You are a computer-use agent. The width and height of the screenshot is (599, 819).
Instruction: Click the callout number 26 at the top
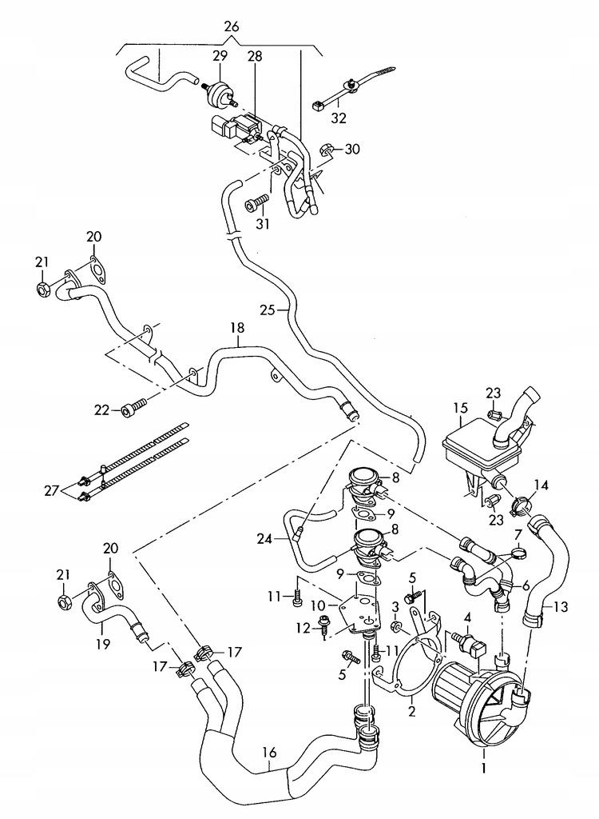coord(231,26)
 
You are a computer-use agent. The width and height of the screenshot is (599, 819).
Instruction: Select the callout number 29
coord(220,55)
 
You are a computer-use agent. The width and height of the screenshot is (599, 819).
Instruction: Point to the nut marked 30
coord(325,150)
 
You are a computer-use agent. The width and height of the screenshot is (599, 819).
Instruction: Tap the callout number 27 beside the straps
coord(50,490)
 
